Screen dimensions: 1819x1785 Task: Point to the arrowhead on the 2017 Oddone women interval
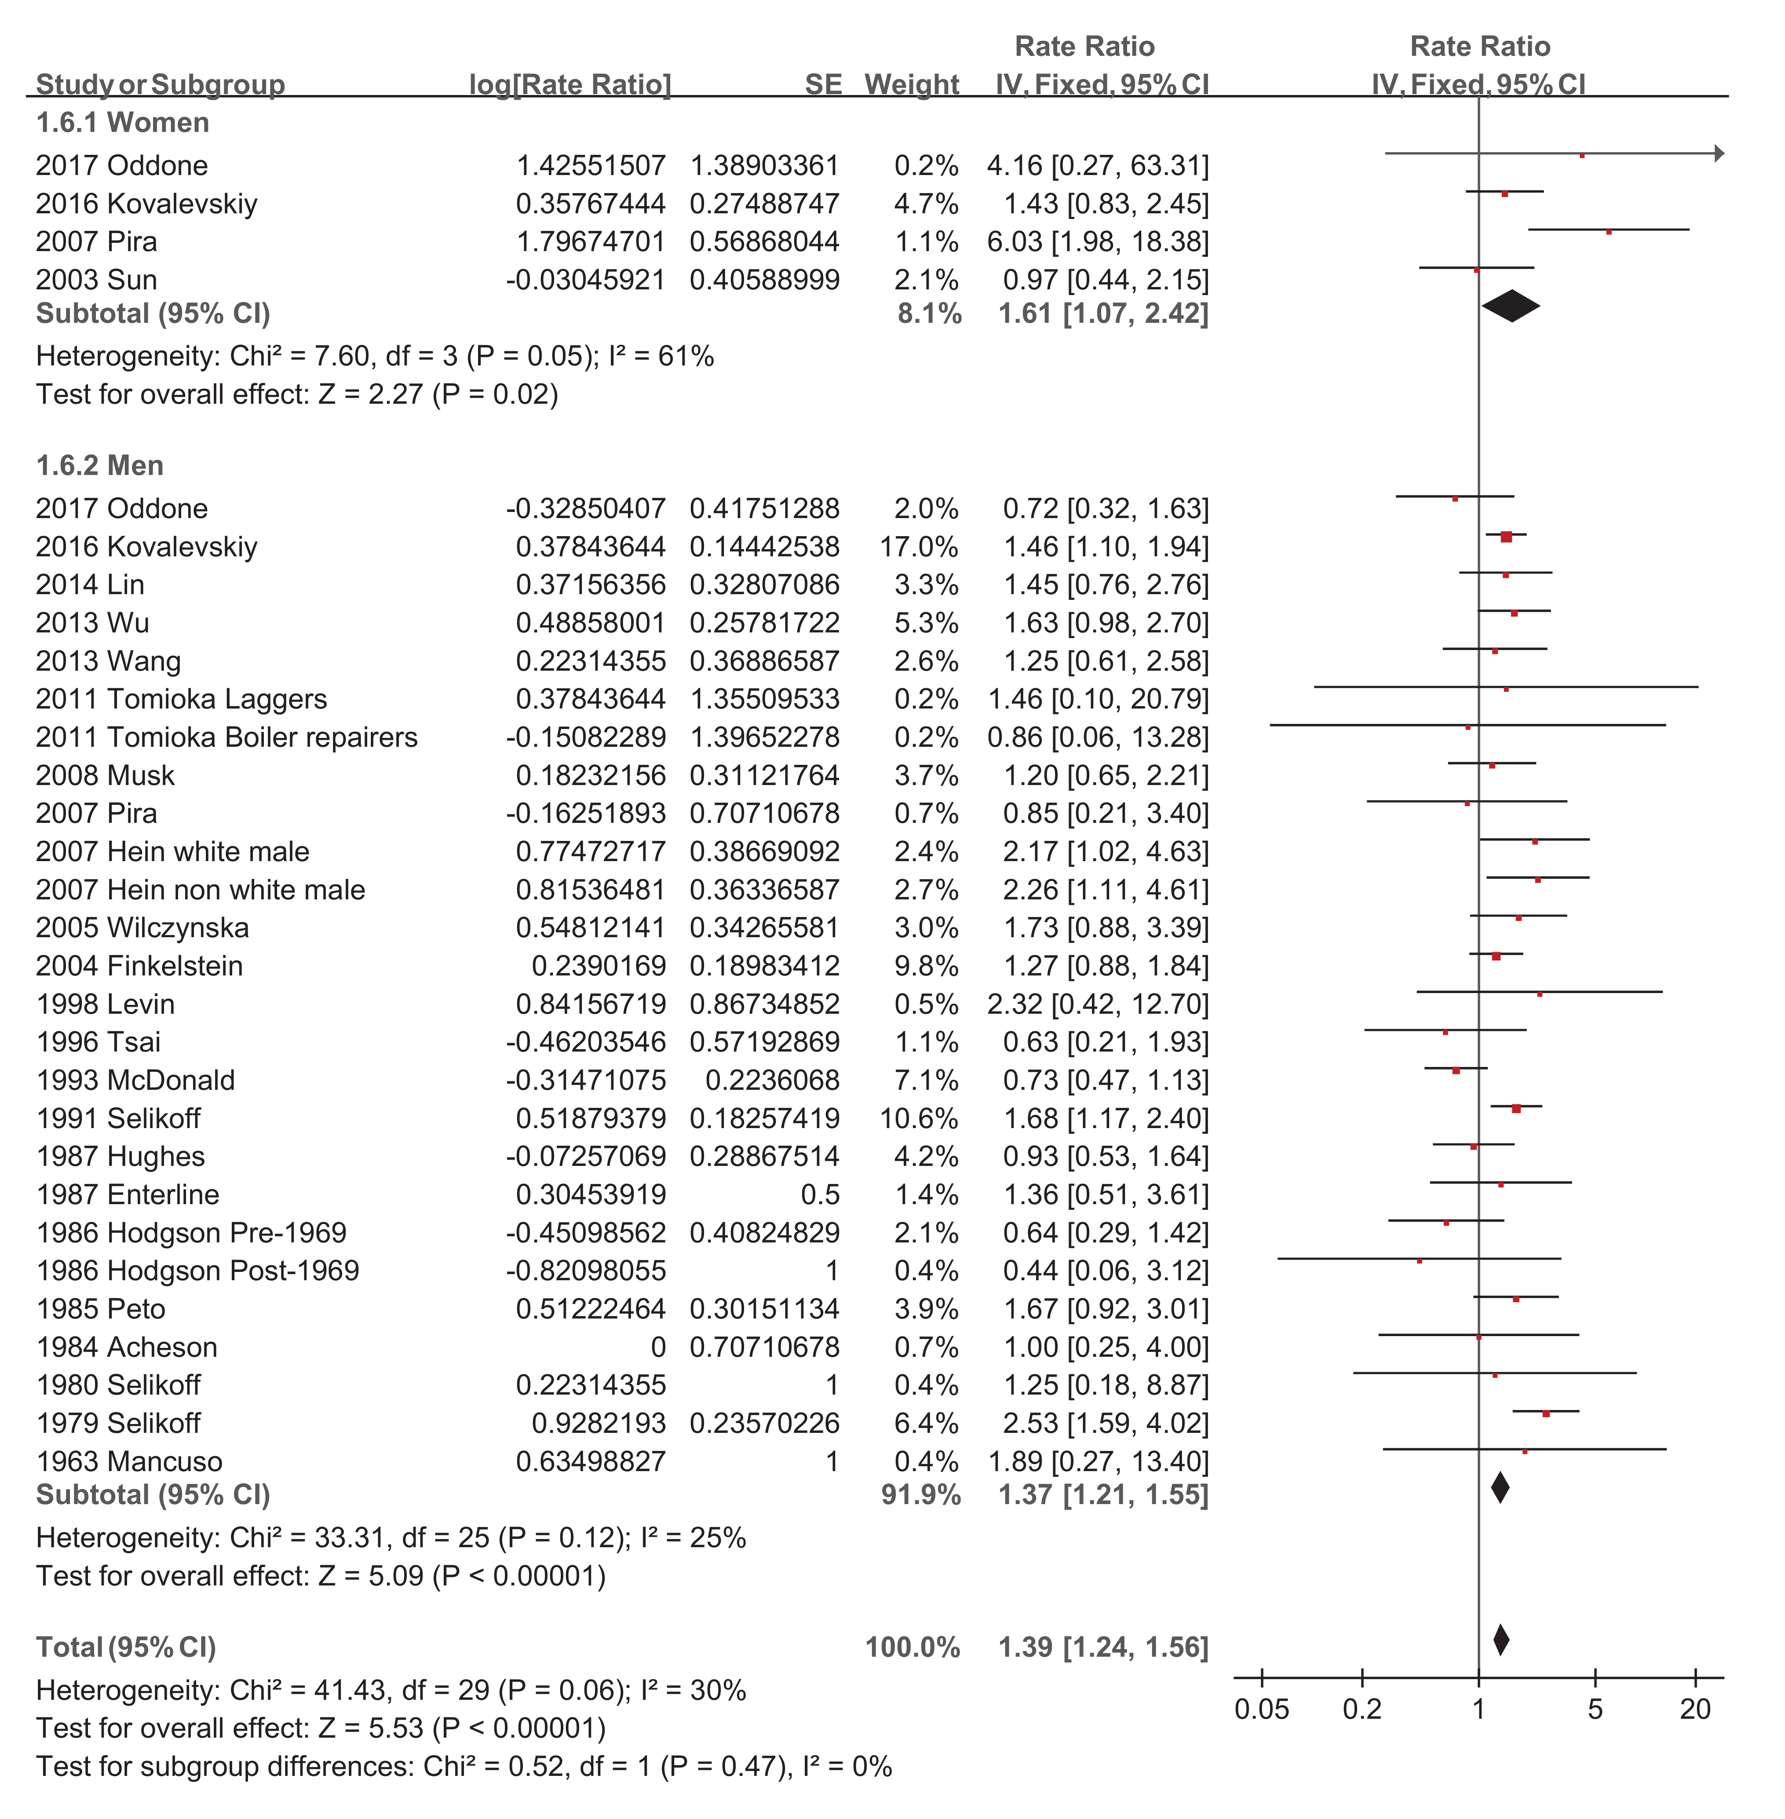[x=1719, y=153]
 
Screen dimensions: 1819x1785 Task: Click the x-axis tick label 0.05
[x=1262, y=1709]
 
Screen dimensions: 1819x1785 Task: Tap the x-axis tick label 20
[x=1695, y=1709]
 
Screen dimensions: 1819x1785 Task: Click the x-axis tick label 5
[x=1595, y=1709]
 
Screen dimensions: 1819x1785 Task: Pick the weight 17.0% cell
[x=919, y=547]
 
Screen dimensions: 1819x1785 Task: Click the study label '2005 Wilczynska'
[x=142, y=928]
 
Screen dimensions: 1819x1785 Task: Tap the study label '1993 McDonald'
[x=136, y=1080]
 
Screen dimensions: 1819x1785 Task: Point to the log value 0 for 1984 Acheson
[x=658, y=1348]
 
